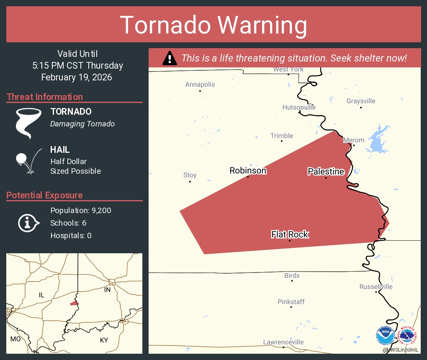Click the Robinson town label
[248, 170]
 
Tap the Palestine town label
[326, 171]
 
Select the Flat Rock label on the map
[290, 234]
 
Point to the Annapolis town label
[200, 85]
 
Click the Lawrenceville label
[283, 342]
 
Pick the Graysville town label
[361, 101]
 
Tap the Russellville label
[376, 286]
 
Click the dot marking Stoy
[190, 181]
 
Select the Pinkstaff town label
[291, 301]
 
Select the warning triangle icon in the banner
[169, 58]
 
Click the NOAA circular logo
[385, 335]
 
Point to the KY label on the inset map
[104, 340]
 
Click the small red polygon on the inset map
[74, 303]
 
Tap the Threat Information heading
[45, 97]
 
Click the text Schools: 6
[68, 223]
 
